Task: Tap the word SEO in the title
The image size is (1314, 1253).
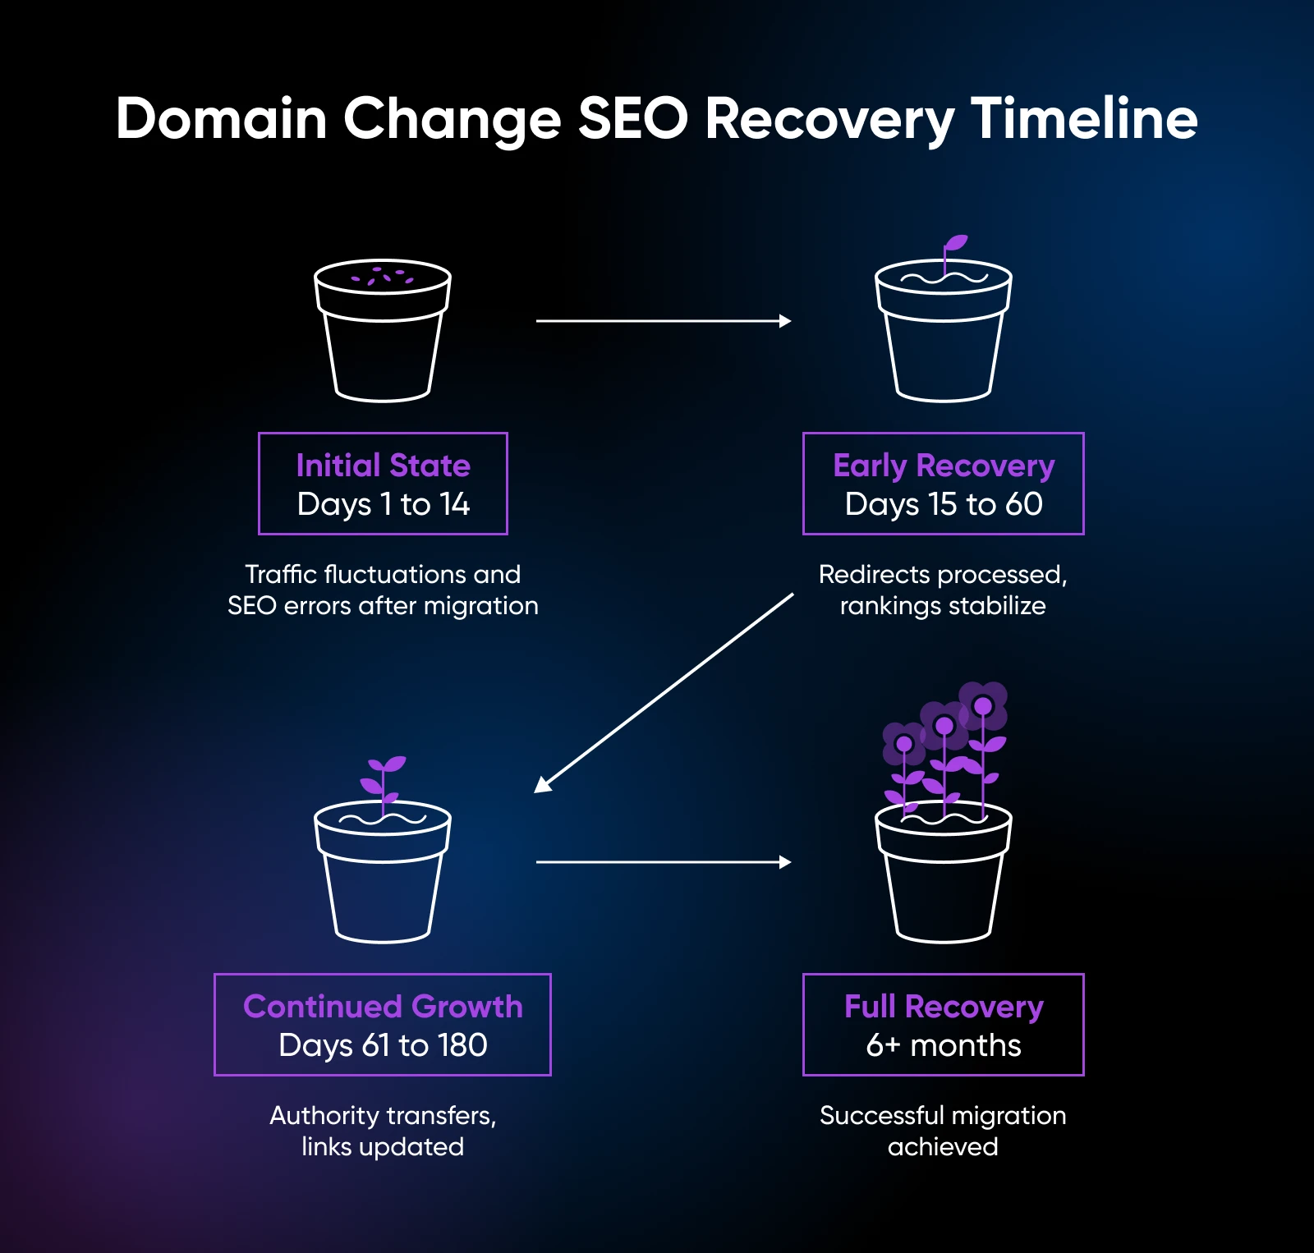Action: tap(632, 119)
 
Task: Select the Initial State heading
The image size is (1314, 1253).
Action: tap(383, 466)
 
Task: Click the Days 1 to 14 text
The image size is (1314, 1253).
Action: tap(383, 504)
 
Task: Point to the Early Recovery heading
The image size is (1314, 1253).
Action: tap(944, 466)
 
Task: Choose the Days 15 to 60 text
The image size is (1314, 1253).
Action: tap(944, 504)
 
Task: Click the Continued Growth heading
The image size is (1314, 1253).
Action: tap(383, 1007)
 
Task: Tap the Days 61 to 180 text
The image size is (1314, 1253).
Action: tap(383, 1045)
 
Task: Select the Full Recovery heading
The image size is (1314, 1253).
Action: tap(944, 1007)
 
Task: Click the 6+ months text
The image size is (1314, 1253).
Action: tap(944, 1045)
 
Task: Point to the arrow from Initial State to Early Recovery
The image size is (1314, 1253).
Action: tap(662, 321)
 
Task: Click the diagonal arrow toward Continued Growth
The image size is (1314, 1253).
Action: tap(664, 693)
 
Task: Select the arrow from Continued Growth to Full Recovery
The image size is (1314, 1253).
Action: tap(662, 862)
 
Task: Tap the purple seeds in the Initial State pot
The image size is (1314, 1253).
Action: tap(383, 277)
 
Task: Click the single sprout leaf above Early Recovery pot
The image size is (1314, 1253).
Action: tap(955, 243)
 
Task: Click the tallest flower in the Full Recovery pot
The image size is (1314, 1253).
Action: tap(983, 706)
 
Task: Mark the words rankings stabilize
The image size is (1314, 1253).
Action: tap(943, 606)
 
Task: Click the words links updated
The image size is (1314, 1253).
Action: tap(383, 1147)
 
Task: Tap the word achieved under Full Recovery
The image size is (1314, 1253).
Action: tap(943, 1147)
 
